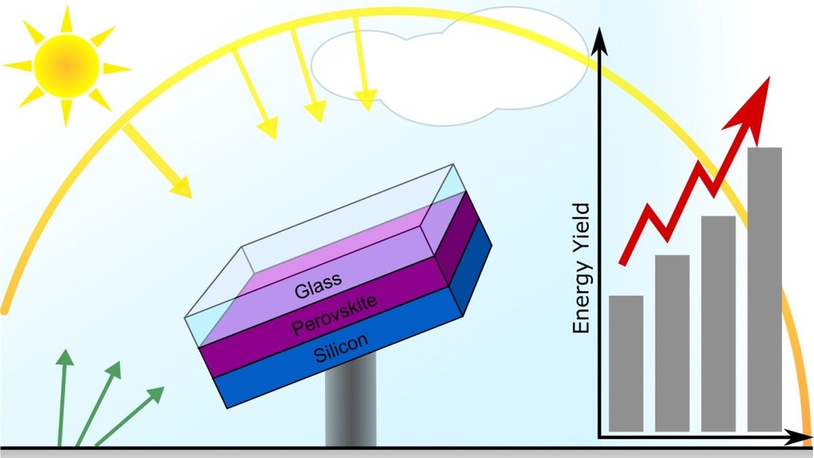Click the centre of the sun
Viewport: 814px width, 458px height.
pos(67,66)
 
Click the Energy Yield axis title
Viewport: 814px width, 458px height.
pos(582,269)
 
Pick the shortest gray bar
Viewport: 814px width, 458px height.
pos(626,363)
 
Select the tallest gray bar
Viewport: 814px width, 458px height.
pos(765,289)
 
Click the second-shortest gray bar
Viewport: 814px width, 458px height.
pos(672,343)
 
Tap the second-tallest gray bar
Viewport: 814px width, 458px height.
pos(718,323)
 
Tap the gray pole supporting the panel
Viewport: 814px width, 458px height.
pos(350,406)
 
